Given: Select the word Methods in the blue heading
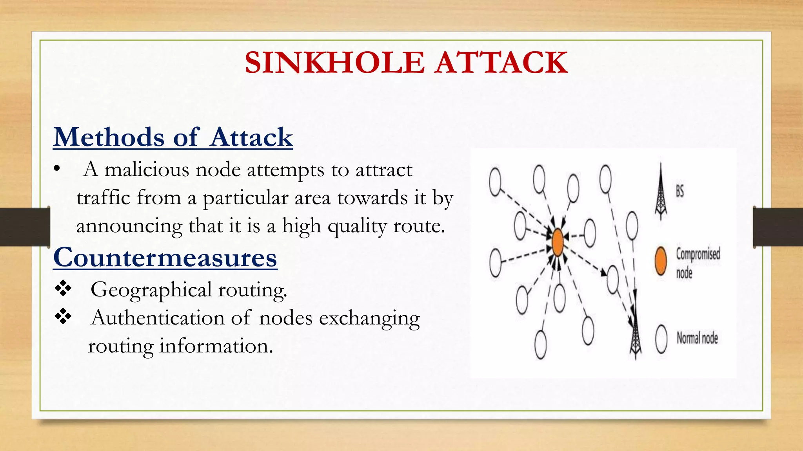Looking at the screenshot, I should pos(109,137).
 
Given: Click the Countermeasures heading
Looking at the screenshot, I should pos(165,258).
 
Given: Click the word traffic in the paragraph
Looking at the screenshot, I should pos(103,198).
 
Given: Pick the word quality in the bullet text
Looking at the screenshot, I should pos(357,226).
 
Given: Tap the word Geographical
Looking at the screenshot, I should pos(151,290).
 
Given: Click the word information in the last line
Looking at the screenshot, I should pos(216,346).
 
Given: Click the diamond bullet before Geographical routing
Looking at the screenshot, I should pos(63,289).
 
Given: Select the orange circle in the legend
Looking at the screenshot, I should pos(661,261).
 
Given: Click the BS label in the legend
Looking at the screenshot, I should pos(680,191).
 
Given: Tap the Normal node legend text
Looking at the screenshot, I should pos(697,338).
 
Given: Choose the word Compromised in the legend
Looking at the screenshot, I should pos(698,254).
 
